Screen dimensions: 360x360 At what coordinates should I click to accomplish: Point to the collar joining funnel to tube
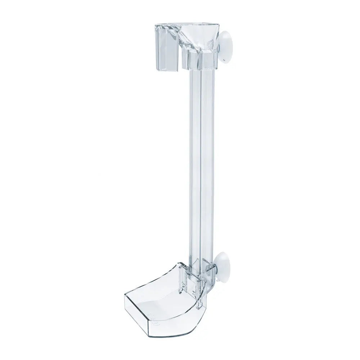200,60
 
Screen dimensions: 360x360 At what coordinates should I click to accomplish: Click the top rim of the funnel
202,26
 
